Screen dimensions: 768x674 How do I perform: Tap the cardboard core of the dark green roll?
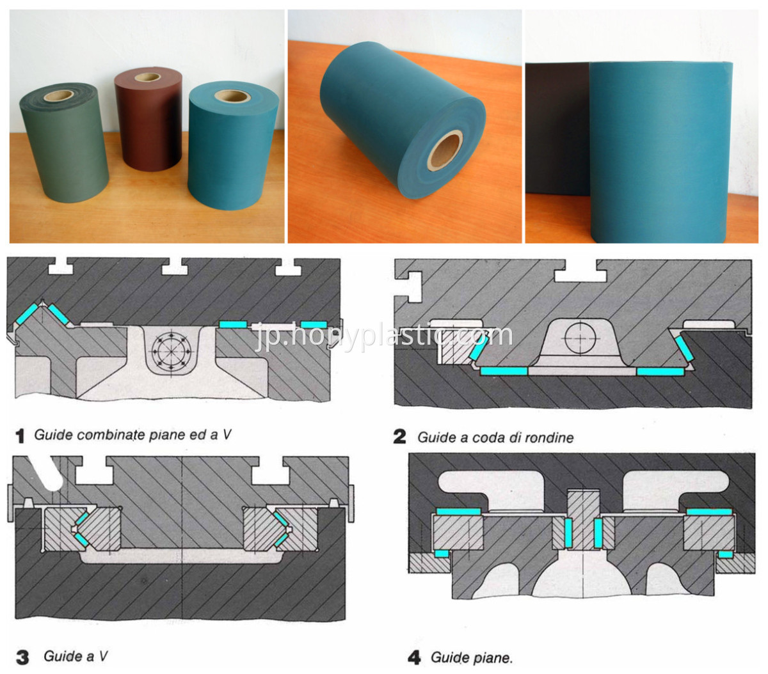[59, 95]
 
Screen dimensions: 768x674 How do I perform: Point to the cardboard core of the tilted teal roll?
[445, 150]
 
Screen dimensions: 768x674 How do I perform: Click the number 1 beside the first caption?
[20, 435]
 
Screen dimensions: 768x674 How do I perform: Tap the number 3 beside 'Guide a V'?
[22, 657]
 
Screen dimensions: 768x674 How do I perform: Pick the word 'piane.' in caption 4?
[492, 658]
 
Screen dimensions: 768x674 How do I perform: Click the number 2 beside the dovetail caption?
[400, 437]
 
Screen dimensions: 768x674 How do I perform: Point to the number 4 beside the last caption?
[414, 658]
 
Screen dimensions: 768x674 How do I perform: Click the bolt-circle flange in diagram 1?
[172, 351]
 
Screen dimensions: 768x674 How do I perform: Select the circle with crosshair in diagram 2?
[580, 338]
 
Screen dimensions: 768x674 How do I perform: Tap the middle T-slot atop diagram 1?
[175, 267]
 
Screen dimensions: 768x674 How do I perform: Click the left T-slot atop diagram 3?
[94, 470]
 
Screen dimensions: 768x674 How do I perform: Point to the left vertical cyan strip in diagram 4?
[568, 533]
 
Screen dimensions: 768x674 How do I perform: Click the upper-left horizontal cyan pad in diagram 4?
[459, 512]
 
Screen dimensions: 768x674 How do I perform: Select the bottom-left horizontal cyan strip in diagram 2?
[504, 371]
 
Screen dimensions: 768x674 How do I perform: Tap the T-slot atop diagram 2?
[580, 270]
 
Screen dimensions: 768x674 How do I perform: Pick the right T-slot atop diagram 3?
[271, 470]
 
